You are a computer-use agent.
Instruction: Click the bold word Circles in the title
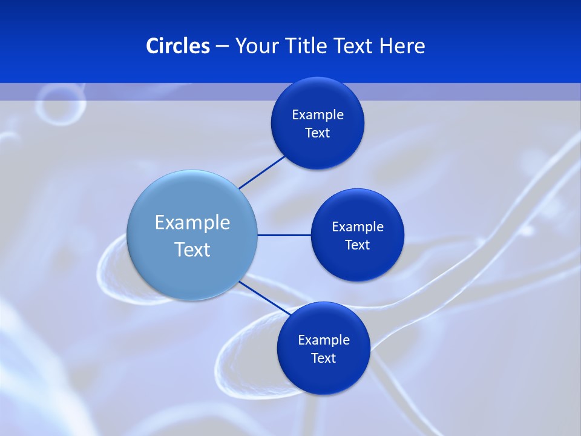pos(177,46)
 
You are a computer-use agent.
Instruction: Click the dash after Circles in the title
pos(222,47)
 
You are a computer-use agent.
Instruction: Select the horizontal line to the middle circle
pos(284,235)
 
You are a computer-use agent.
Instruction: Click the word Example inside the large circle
pos(192,222)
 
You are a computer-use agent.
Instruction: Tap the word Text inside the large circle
pos(192,249)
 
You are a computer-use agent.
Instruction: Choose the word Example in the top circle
pos(318,114)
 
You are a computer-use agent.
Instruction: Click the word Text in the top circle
pos(318,133)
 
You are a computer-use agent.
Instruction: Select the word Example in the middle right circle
pos(358,226)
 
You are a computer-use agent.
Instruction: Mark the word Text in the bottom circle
pos(323,358)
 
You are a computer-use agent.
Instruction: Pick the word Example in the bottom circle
pos(323,340)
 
